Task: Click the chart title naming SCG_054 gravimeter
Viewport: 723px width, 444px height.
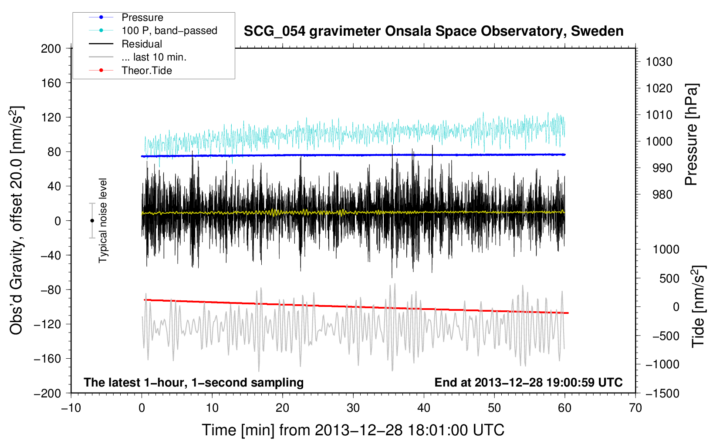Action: pyautogui.click(x=433, y=31)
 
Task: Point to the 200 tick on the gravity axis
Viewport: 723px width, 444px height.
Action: pyautogui.click(x=51, y=49)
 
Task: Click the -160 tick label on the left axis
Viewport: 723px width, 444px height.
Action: pyautogui.click(x=47, y=359)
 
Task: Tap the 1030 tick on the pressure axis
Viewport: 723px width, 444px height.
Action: pyautogui.click(x=659, y=62)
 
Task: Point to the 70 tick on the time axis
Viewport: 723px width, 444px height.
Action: pyautogui.click(x=635, y=408)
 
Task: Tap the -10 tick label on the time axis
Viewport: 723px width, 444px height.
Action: pyautogui.click(x=71, y=408)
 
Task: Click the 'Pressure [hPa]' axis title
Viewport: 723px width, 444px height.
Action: pyautogui.click(x=691, y=135)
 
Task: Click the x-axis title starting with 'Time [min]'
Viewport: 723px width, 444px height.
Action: pyautogui.click(x=353, y=431)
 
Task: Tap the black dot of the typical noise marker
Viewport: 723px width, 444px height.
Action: pyautogui.click(x=92, y=221)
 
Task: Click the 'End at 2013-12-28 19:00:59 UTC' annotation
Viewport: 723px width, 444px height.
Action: pyautogui.click(x=528, y=382)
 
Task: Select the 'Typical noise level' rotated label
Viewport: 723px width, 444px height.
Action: pyautogui.click(x=103, y=221)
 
